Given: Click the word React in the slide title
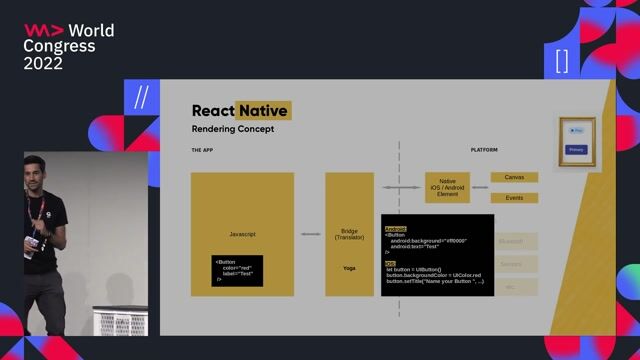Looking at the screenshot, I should pos(212,111).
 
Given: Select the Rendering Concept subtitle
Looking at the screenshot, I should pos(232,130).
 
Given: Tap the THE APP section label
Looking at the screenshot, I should pos(204,150).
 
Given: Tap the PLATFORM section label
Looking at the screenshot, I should pos(484,150).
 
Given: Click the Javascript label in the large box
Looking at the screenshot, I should pos(242,234).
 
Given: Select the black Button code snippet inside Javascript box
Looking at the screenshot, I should pos(237,269).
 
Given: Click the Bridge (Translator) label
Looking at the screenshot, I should pos(349,234).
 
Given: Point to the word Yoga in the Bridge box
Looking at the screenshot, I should pos(349,268).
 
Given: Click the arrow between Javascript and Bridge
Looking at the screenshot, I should pos(310,234).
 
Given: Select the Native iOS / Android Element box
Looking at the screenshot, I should pos(447,188).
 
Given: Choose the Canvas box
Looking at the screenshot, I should pos(514,177).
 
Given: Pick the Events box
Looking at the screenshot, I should pos(514,198).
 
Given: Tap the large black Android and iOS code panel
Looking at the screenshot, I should pos(437,255).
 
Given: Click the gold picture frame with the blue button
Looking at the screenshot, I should pos(577,140).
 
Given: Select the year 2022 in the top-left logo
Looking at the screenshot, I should pos(43,63).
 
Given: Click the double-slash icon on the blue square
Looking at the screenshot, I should pos(141,98).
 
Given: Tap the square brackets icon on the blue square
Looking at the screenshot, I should pos(562,60).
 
